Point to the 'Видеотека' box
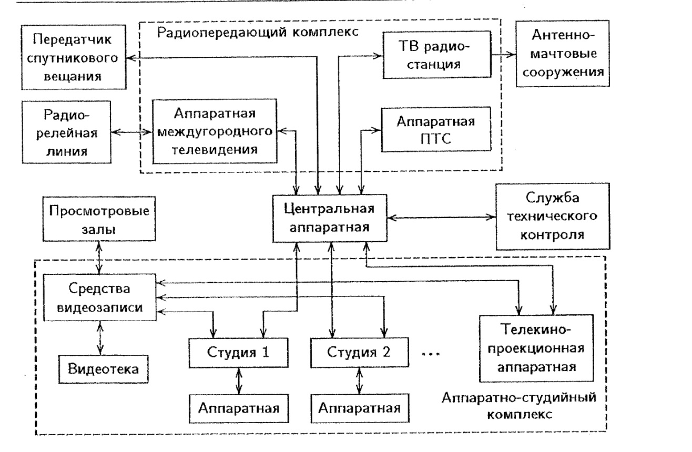[x=103, y=367]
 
